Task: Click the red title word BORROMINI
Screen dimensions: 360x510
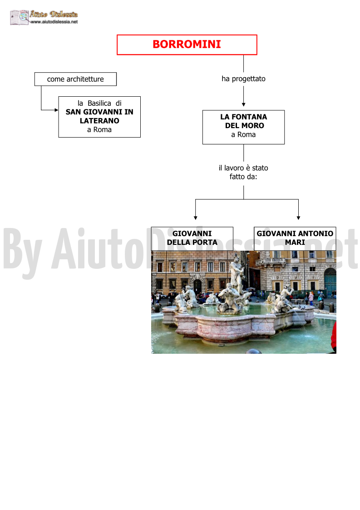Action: [x=187, y=44]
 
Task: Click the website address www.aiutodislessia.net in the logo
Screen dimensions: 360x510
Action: [x=54, y=22]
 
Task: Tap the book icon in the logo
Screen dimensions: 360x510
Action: [x=20, y=17]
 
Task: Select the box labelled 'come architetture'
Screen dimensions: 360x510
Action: [x=75, y=79]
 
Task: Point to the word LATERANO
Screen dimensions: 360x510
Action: [x=99, y=121]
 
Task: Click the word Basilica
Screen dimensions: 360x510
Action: [x=99, y=103]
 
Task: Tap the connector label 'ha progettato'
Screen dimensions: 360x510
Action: [x=244, y=79]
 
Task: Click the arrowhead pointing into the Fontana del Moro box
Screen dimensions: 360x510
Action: [x=244, y=105]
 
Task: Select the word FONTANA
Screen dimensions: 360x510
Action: [x=249, y=117]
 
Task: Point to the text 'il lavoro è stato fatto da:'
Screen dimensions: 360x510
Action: [x=243, y=173]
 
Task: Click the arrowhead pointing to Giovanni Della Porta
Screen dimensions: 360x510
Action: [x=196, y=218]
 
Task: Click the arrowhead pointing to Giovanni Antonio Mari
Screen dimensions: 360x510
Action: [x=299, y=218]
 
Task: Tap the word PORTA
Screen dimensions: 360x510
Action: [x=205, y=243]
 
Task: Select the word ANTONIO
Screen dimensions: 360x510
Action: [x=316, y=233]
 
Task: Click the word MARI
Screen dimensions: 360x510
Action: [x=295, y=243]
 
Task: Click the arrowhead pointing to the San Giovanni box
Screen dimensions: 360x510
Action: [x=57, y=110]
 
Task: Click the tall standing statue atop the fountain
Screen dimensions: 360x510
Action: [x=237, y=273]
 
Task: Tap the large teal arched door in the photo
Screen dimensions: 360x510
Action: [x=330, y=282]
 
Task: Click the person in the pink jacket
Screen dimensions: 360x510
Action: [x=311, y=298]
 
